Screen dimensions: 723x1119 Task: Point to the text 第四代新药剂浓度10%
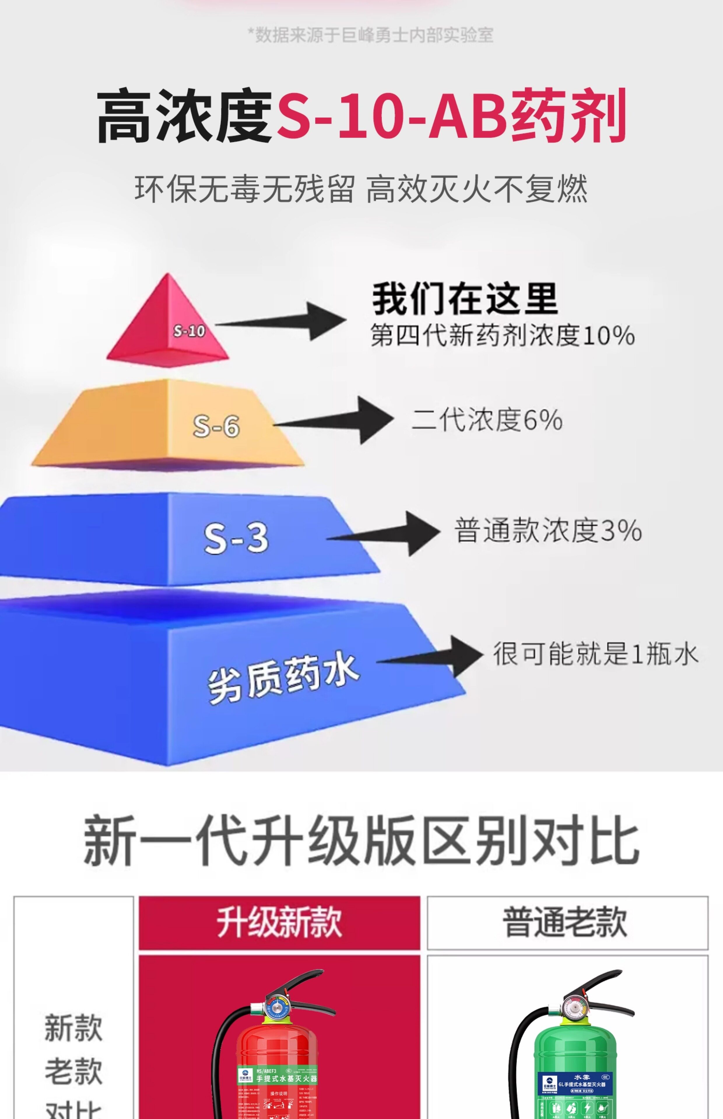[x=502, y=335]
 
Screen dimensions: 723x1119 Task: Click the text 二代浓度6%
[x=487, y=419]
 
